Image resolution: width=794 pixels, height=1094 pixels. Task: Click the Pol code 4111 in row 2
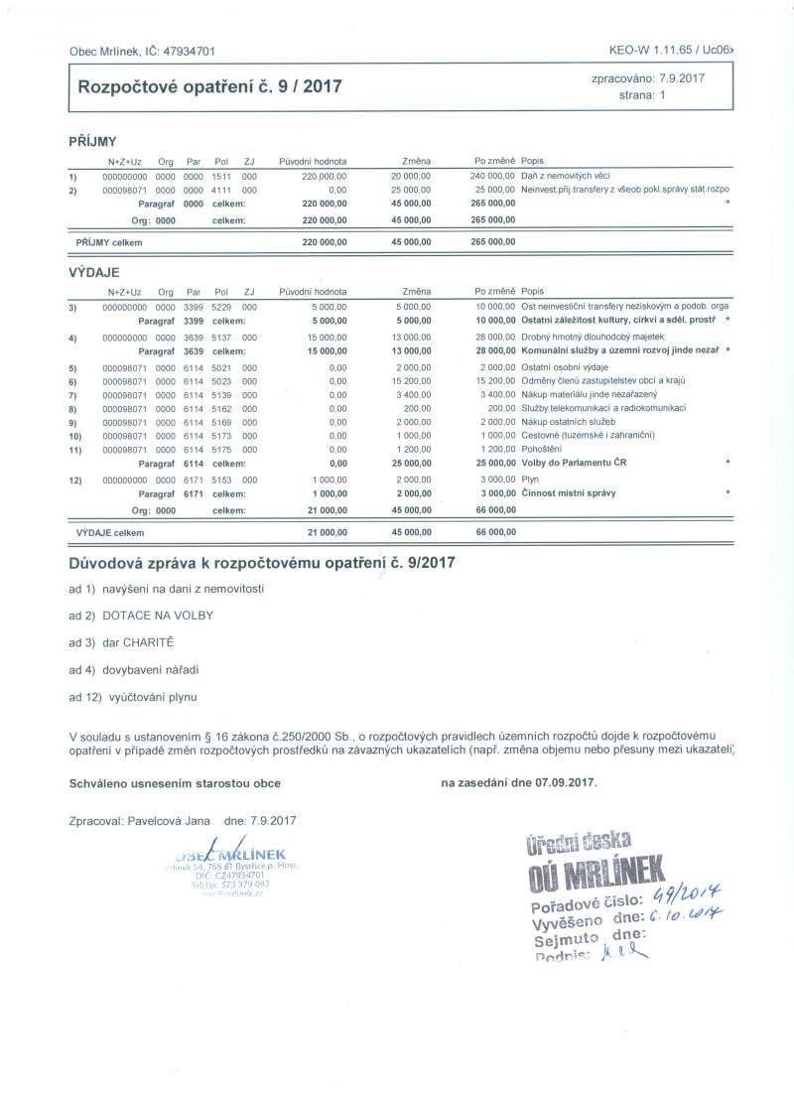pyautogui.click(x=220, y=189)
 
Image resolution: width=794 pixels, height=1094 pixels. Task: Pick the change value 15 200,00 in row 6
pyautogui.click(x=411, y=380)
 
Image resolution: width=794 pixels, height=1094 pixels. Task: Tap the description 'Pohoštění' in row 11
pyautogui.click(x=542, y=449)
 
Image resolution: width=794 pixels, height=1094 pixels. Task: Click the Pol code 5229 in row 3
pyautogui.click(x=220, y=307)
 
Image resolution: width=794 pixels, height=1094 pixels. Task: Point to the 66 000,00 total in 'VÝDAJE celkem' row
pyautogui.click(x=495, y=533)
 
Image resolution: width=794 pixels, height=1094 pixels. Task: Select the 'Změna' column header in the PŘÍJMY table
pyautogui.click(x=416, y=161)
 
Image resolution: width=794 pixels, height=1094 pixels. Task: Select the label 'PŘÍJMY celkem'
pyautogui.click(x=109, y=241)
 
